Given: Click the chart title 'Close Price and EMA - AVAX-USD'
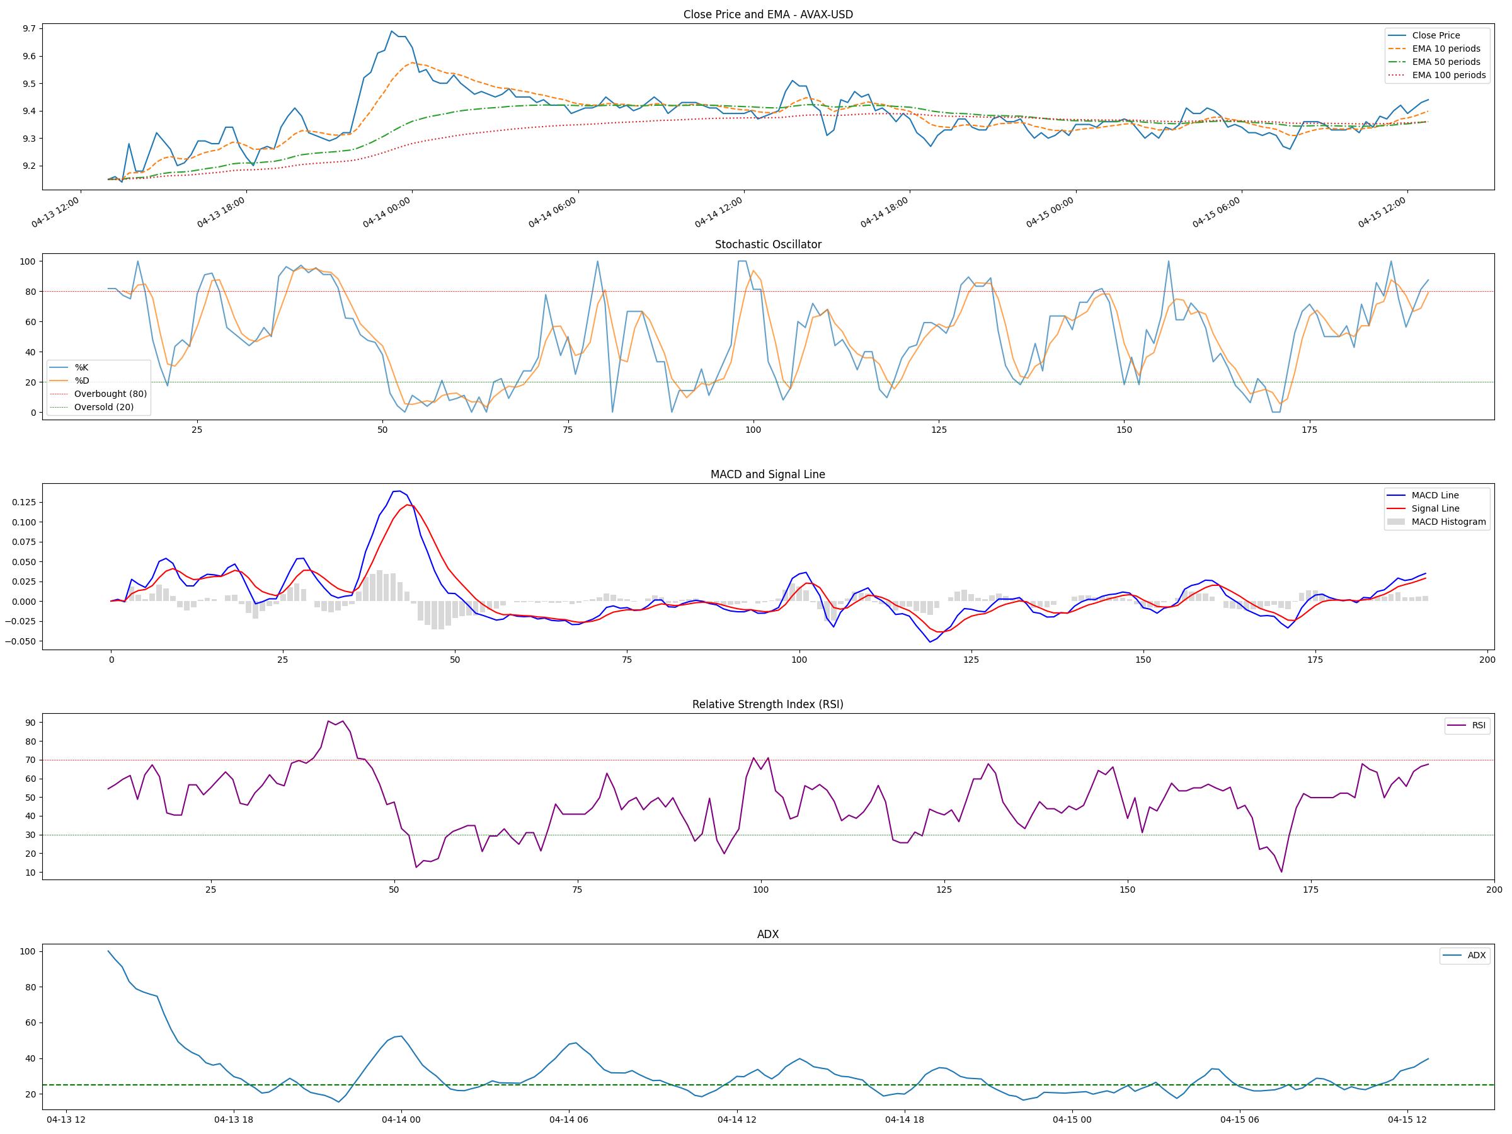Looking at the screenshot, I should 767,14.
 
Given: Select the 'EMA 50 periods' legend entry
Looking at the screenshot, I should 1446,62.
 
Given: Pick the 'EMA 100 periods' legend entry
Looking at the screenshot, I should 1448,75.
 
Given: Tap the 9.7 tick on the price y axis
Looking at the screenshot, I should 30,29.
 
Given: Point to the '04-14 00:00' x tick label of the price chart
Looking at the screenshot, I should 387,212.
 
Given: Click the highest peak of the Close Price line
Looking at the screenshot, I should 392,31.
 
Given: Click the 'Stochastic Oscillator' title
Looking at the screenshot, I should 767,244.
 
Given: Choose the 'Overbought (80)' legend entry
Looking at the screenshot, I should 110,394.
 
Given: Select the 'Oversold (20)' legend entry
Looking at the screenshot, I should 104,408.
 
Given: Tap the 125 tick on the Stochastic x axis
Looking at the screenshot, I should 939,430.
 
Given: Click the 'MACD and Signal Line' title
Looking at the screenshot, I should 767,474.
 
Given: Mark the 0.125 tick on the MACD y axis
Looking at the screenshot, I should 23,502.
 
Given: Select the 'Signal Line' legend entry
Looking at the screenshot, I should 1435,508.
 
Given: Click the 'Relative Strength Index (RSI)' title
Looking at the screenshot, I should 767,705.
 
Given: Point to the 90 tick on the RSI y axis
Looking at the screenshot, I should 30,723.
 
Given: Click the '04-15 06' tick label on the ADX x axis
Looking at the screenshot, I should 1239,1120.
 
